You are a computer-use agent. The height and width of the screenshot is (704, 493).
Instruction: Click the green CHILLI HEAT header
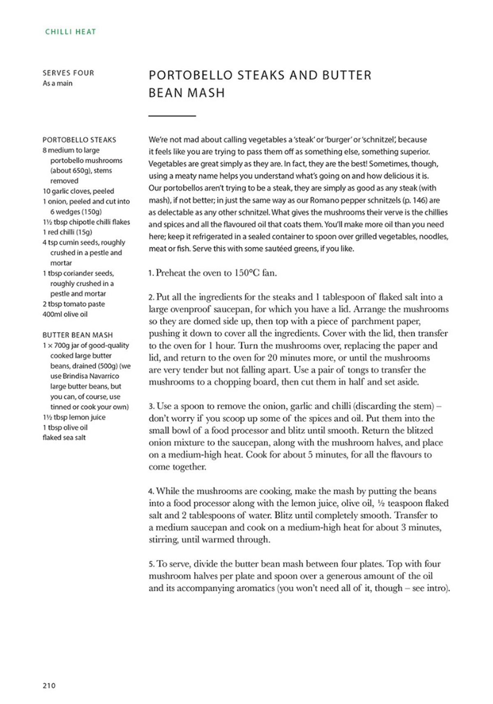[x=70, y=32]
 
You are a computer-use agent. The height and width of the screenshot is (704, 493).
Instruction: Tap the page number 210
[x=49, y=685]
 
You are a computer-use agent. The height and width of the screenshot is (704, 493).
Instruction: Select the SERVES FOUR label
[x=68, y=73]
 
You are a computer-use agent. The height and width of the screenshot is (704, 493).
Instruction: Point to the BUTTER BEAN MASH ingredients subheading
[x=77, y=335]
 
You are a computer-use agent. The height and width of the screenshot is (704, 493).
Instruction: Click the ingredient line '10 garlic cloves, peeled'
[x=78, y=191]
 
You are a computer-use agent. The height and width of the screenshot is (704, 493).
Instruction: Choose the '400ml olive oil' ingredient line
[x=65, y=314]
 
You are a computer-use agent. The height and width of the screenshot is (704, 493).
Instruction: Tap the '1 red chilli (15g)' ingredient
[x=67, y=232]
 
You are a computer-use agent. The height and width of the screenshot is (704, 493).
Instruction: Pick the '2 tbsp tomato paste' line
[x=74, y=304]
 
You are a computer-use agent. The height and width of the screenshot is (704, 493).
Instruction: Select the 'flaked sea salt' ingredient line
[x=64, y=437]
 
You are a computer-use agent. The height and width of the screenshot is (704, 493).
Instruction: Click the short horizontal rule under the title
[x=172, y=116]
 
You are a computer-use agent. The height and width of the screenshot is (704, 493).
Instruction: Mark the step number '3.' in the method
[x=152, y=407]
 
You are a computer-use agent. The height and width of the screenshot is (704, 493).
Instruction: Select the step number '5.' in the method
[x=152, y=564]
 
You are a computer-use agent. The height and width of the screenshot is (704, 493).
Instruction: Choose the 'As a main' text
[x=58, y=83]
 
